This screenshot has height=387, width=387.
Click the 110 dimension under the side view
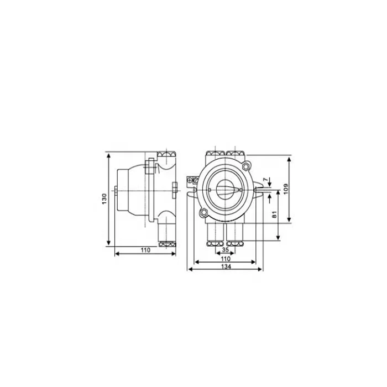[x=145, y=250]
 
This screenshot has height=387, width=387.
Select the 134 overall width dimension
[x=225, y=266]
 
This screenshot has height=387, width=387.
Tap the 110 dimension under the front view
[x=225, y=258]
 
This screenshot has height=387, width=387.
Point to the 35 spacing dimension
[x=225, y=249]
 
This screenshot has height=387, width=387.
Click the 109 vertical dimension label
[x=286, y=188]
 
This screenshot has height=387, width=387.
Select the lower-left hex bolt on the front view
[x=204, y=211]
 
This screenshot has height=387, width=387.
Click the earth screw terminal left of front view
[x=193, y=180]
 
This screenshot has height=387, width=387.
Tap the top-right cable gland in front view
[x=236, y=152]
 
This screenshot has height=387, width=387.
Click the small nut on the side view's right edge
[x=175, y=189]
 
